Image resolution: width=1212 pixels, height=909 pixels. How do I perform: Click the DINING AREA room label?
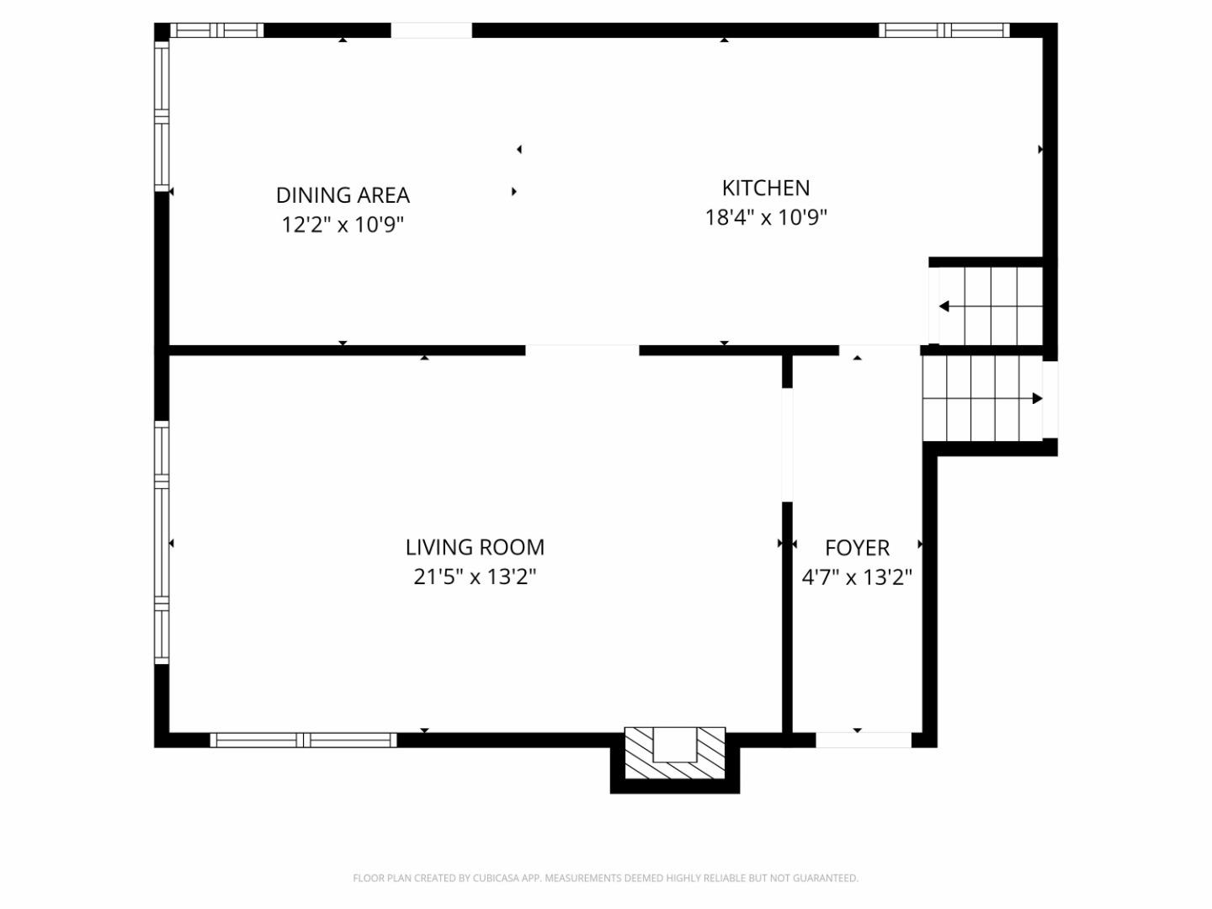point(343,194)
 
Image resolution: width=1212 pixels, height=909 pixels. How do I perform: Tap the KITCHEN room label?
point(766,189)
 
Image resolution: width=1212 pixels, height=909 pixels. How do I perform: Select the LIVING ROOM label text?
point(475,547)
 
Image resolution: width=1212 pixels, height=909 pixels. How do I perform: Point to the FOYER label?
point(857,548)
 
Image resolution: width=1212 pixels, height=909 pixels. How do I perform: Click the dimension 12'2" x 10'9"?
point(343,225)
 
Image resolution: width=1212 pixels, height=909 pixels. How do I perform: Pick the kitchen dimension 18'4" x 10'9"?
point(766,217)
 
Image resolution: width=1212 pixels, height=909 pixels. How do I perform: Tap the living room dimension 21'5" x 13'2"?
point(475,577)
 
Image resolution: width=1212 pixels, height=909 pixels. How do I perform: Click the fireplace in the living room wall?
point(675,752)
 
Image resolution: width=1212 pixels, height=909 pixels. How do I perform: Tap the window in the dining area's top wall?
point(216,29)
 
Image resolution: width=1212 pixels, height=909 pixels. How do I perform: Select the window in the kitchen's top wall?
point(944,29)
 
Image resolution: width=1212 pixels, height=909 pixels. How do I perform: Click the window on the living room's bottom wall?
point(303,740)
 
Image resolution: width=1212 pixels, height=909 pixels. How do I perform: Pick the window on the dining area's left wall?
point(162,116)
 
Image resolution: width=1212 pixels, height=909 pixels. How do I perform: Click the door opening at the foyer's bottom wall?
point(864,740)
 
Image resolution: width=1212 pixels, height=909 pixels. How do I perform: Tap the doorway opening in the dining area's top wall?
point(431,30)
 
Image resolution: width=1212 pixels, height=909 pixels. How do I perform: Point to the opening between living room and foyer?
point(788,445)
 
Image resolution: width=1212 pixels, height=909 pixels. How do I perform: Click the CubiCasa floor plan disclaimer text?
point(606,878)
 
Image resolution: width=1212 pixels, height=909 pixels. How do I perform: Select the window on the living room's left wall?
point(162,543)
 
